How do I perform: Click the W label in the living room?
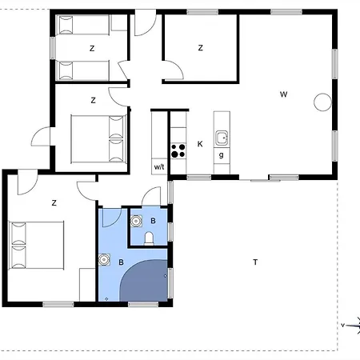(x=284, y=94)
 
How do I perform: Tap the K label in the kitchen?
(x=200, y=144)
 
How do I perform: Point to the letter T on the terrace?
(x=255, y=262)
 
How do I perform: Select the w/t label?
(x=159, y=166)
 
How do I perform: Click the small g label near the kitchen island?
(x=221, y=154)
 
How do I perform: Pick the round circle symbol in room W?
(x=322, y=102)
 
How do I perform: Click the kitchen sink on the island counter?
(x=222, y=137)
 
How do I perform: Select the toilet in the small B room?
(x=150, y=238)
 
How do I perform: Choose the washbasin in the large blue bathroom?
(x=104, y=259)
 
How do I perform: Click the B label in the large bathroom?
(x=122, y=262)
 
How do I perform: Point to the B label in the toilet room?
(x=153, y=220)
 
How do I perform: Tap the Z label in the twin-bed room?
(x=92, y=49)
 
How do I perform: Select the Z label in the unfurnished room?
(x=200, y=48)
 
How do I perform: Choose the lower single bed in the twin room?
(x=90, y=70)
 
